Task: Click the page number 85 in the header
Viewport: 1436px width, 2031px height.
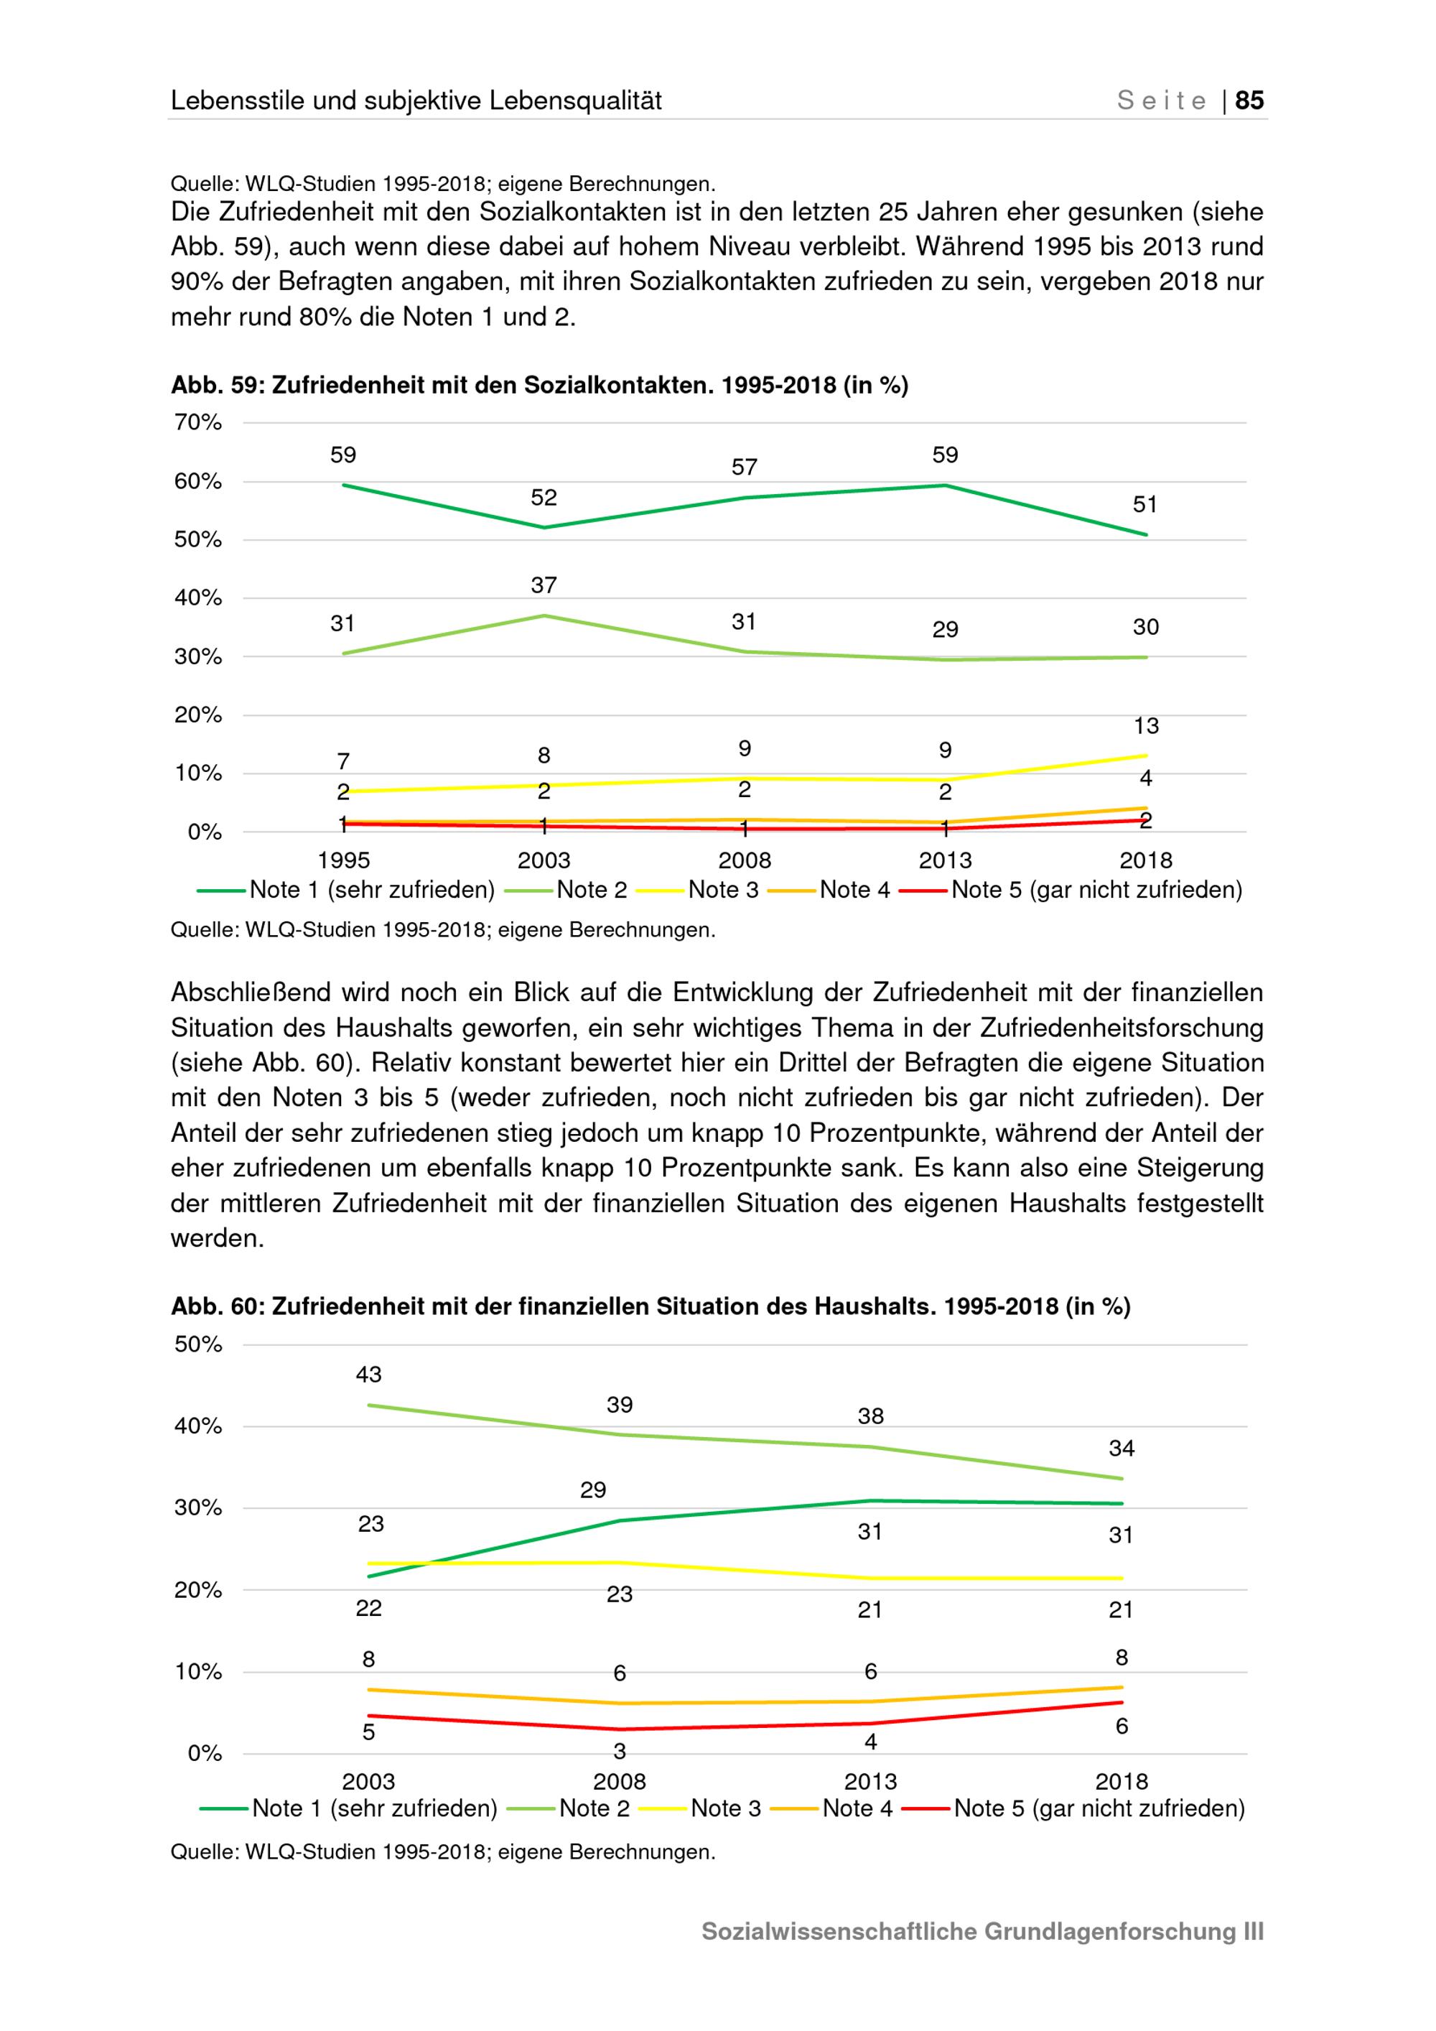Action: click(x=1249, y=101)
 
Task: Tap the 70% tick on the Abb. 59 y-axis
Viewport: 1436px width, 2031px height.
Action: click(x=198, y=422)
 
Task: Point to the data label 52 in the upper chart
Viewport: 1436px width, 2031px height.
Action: click(x=544, y=498)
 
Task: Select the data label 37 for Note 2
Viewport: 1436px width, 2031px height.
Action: click(x=544, y=585)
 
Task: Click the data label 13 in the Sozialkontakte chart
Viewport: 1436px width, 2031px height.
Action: click(x=1146, y=725)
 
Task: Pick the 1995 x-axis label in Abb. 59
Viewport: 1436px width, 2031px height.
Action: click(x=343, y=860)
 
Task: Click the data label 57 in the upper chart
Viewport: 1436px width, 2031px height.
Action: click(x=745, y=467)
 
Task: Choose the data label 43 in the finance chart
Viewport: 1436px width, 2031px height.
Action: click(x=369, y=1374)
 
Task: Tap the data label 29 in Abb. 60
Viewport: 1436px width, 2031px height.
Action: click(x=593, y=1489)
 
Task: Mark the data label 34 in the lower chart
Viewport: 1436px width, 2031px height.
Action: click(x=1122, y=1448)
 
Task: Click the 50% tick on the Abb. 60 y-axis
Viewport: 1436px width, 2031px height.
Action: click(x=198, y=1344)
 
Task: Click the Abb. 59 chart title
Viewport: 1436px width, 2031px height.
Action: click(x=539, y=386)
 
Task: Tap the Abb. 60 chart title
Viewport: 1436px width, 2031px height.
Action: click(x=650, y=1306)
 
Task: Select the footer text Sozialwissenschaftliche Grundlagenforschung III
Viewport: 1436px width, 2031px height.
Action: click(x=982, y=1931)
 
